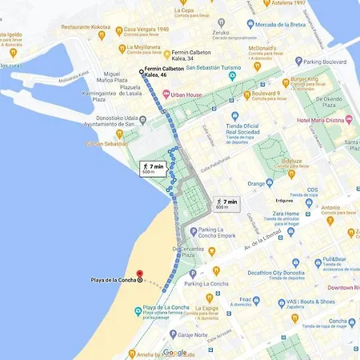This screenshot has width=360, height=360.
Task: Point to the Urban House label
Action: tap(186, 94)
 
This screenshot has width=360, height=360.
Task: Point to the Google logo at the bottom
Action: tap(174, 352)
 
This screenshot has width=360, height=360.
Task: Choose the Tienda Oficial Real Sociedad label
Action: tap(242, 130)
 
